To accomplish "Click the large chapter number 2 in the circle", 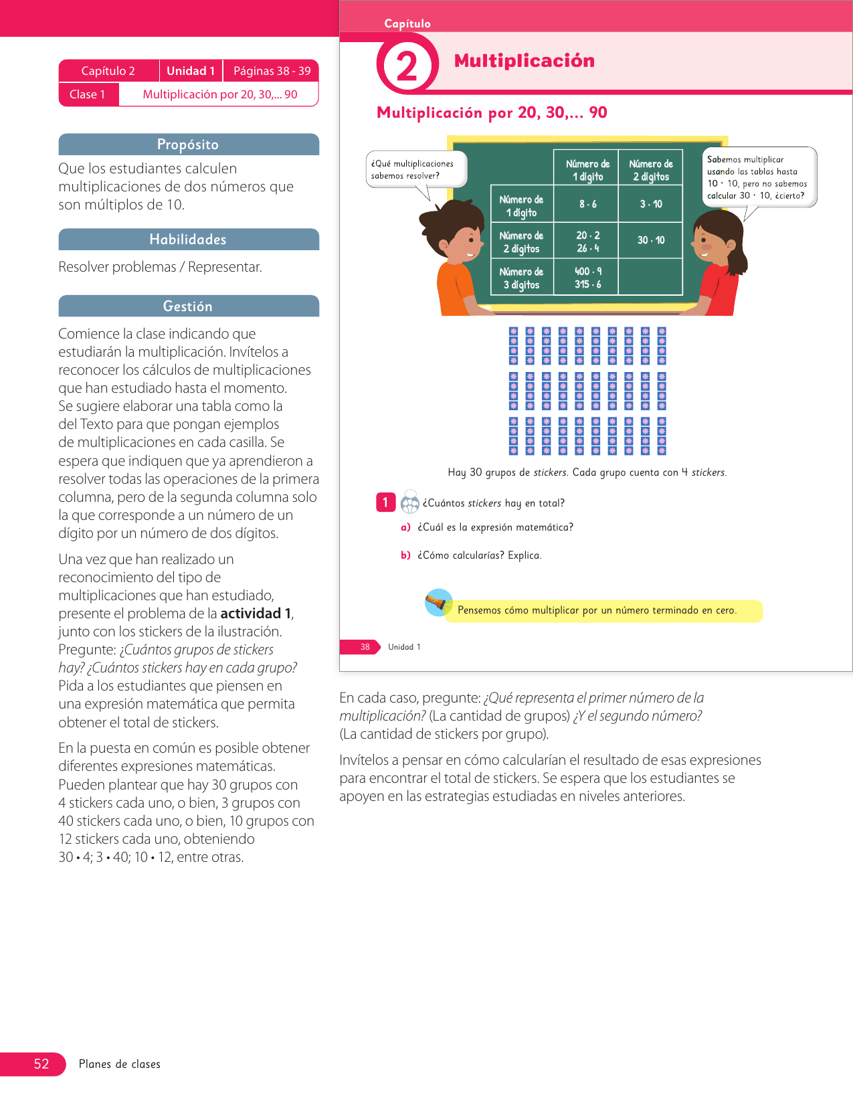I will pos(407,67).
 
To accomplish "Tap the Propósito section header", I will pos(188,145).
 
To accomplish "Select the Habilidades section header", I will pos(188,240).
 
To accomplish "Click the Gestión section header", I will pos(188,306).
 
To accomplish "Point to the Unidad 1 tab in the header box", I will pos(191,71).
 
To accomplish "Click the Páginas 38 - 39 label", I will pos(272,71).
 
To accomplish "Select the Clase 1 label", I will pos(88,94).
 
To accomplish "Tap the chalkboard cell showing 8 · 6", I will pos(587,204).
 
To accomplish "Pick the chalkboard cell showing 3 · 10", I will pos(650,204).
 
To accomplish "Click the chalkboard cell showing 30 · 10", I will pos(650,240).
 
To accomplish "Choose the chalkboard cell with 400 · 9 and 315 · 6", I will pos(587,278).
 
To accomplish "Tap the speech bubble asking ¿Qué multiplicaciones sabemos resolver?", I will pos(415,169).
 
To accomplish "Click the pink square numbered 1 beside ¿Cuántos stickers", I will pos(385,502).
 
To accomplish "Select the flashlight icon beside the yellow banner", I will pos(438,603).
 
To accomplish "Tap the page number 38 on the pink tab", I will pos(365,647).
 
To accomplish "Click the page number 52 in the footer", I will pos(41,1064).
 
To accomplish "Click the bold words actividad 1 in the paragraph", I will pos(256,614).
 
